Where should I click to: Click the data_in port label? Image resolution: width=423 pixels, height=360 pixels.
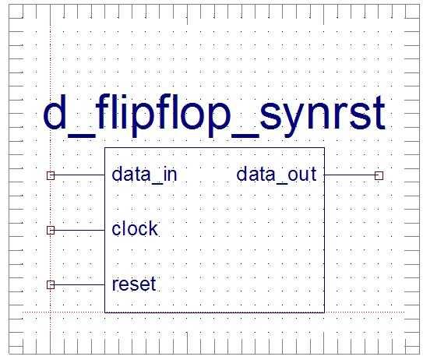point(144,175)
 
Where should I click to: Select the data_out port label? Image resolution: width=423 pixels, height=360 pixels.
point(277,175)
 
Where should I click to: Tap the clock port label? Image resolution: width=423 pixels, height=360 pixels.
point(134,229)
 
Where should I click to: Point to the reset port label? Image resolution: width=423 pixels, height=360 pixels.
point(133,284)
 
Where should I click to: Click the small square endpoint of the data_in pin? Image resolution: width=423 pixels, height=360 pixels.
point(51,176)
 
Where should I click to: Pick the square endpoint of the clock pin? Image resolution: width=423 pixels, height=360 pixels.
point(51,231)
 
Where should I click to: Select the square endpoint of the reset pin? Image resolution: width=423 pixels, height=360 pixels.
point(51,285)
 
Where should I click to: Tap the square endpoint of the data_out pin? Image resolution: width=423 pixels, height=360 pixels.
point(379,176)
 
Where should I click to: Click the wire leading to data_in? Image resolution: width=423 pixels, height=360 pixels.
point(78,176)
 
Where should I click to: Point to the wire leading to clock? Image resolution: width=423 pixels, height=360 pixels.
point(78,231)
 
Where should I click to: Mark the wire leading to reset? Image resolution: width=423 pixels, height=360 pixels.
point(78,285)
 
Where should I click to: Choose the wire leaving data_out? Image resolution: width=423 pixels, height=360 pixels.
point(351,176)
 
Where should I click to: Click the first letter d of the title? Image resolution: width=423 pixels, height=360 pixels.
point(55,115)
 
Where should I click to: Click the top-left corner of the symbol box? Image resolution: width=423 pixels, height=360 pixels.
point(105,148)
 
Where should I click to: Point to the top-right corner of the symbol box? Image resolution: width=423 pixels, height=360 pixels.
point(324,148)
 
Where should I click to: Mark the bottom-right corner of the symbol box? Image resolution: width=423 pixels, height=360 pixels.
point(324,312)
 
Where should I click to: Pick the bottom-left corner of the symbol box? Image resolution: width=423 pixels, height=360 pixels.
point(105,312)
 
